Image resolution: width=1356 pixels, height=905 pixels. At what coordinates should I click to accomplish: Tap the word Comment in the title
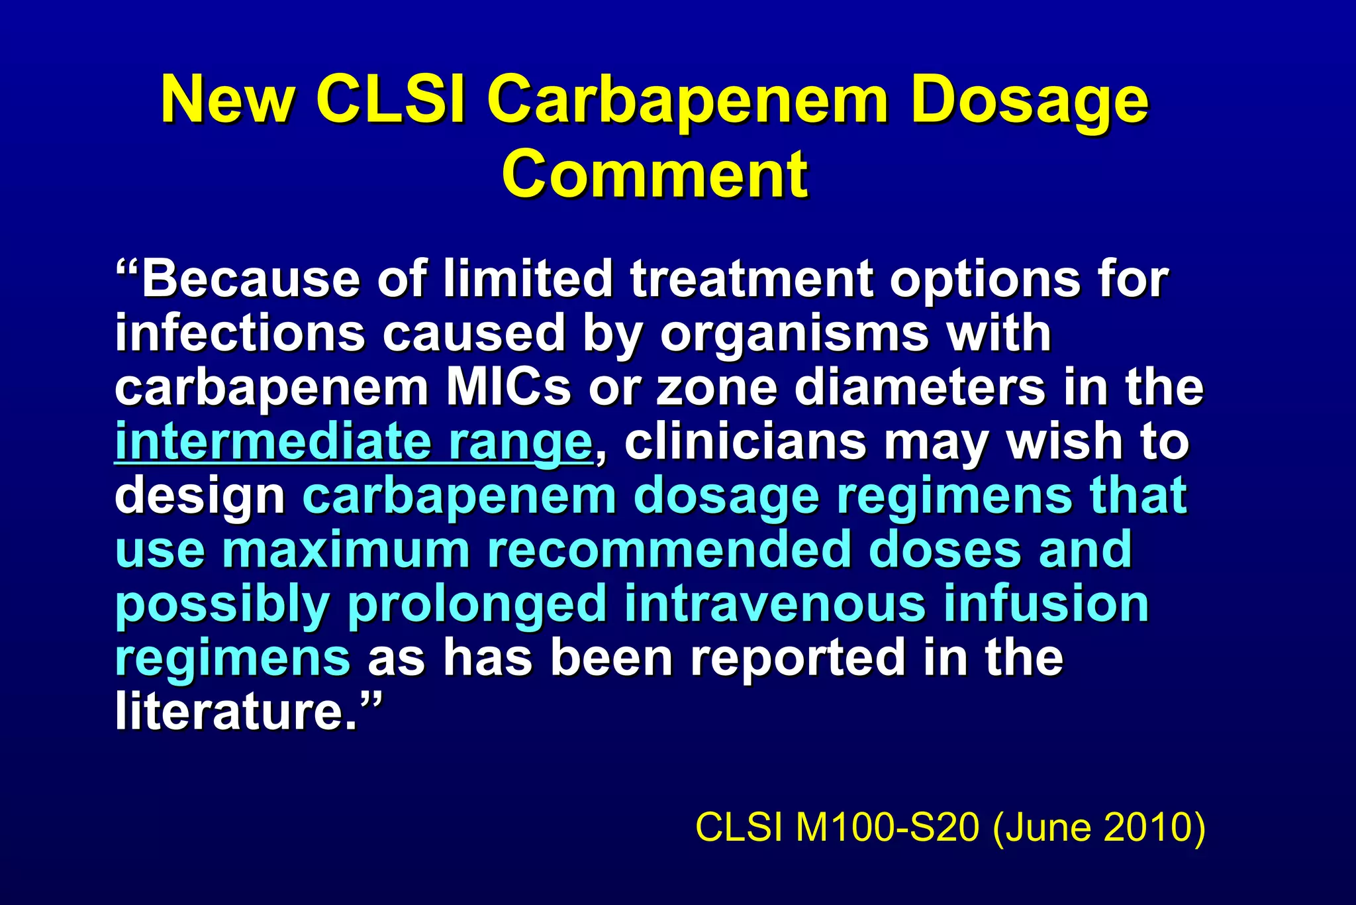pyautogui.click(x=655, y=174)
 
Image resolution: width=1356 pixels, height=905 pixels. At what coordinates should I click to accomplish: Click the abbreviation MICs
pyautogui.click(x=508, y=388)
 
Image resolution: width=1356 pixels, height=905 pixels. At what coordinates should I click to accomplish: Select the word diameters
pyautogui.click(x=920, y=388)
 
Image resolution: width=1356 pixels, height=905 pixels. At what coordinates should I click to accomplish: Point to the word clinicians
pyautogui.click(x=745, y=442)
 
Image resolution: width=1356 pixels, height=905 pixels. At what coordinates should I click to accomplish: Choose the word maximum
pyautogui.click(x=346, y=550)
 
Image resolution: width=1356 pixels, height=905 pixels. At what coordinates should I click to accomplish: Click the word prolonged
pyautogui.click(x=477, y=604)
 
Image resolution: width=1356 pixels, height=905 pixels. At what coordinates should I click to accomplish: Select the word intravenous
pyautogui.click(x=774, y=604)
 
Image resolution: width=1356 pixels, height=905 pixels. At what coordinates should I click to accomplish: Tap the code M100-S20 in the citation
pyautogui.click(x=887, y=827)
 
